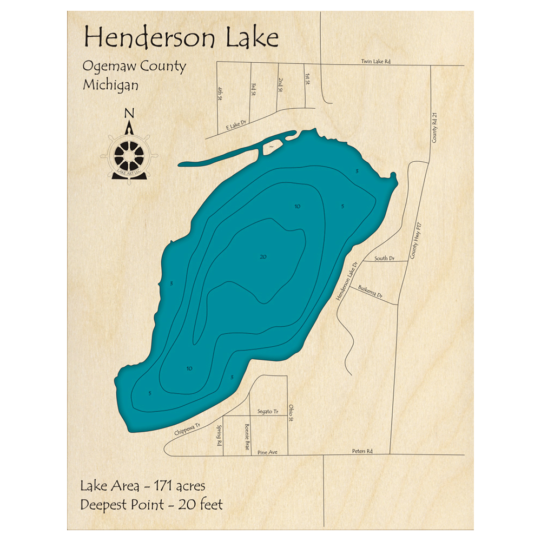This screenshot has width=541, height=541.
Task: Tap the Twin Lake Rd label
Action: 375,62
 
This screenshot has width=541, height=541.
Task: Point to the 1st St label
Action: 307,79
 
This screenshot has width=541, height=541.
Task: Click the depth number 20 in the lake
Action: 263,257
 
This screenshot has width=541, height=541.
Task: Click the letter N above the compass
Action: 129,113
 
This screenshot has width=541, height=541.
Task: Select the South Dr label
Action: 384,259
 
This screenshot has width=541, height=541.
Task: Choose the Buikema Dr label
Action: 373,295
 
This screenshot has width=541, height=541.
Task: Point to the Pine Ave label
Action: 267,452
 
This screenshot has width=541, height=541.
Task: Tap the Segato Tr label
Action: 268,412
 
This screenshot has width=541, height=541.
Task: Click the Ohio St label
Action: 291,412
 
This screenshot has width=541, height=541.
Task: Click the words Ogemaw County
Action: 134,67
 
